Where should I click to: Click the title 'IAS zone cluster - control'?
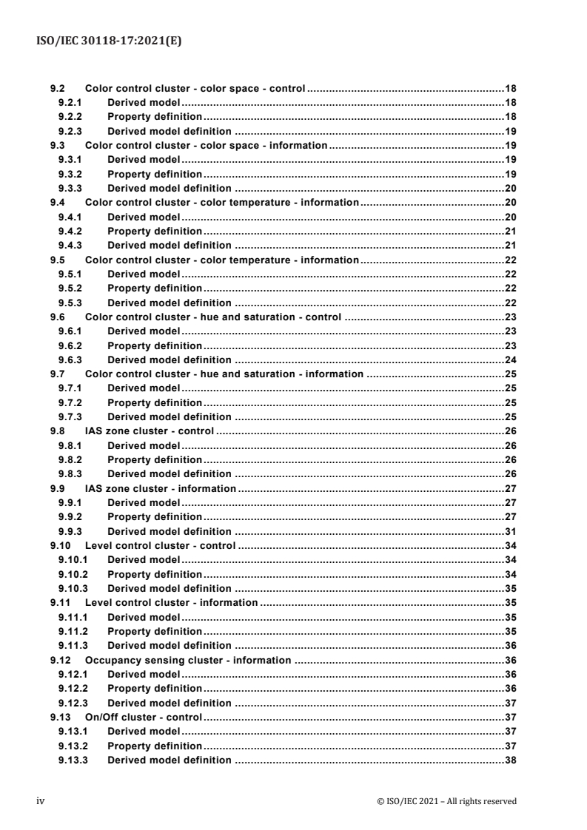tap(150, 431)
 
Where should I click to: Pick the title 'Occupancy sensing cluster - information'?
tap(188, 659)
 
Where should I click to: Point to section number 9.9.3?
tap(72, 530)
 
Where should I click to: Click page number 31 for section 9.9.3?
tap(510, 530)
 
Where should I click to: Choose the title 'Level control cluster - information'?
tap(171, 602)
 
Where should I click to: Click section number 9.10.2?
tap(74, 573)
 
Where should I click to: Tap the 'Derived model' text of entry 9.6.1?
tap(144, 331)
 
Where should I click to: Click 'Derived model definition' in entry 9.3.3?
tap(169, 188)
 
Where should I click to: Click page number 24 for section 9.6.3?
tap(510, 360)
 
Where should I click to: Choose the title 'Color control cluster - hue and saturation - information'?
tap(224, 374)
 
